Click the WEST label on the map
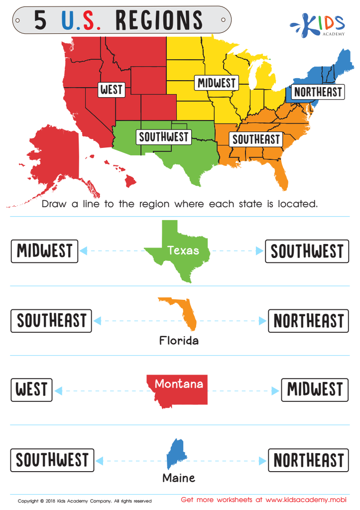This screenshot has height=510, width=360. (111, 90)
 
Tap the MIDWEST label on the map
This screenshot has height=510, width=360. (216, 83)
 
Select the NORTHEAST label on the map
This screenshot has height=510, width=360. (318, 92)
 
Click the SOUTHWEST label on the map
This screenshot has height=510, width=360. (164, 136)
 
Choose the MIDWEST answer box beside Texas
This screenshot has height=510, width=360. (45, 251)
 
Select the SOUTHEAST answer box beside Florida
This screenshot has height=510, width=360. (52, 321)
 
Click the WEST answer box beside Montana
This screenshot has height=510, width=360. (32, 389)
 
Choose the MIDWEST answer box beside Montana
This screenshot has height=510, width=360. (315, 389)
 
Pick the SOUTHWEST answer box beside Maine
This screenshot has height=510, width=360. (52, 460)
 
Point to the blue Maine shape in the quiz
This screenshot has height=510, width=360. (174, 454)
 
